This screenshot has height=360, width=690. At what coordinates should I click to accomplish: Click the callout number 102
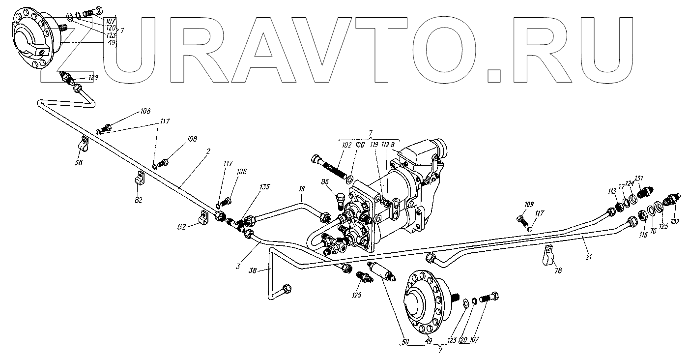(x=347, y=145)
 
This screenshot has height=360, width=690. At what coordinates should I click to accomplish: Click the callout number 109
(x=529, y=204)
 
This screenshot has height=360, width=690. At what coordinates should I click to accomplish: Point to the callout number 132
(x=675, y=222)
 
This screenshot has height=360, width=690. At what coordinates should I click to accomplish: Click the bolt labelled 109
(x=522, y=218)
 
